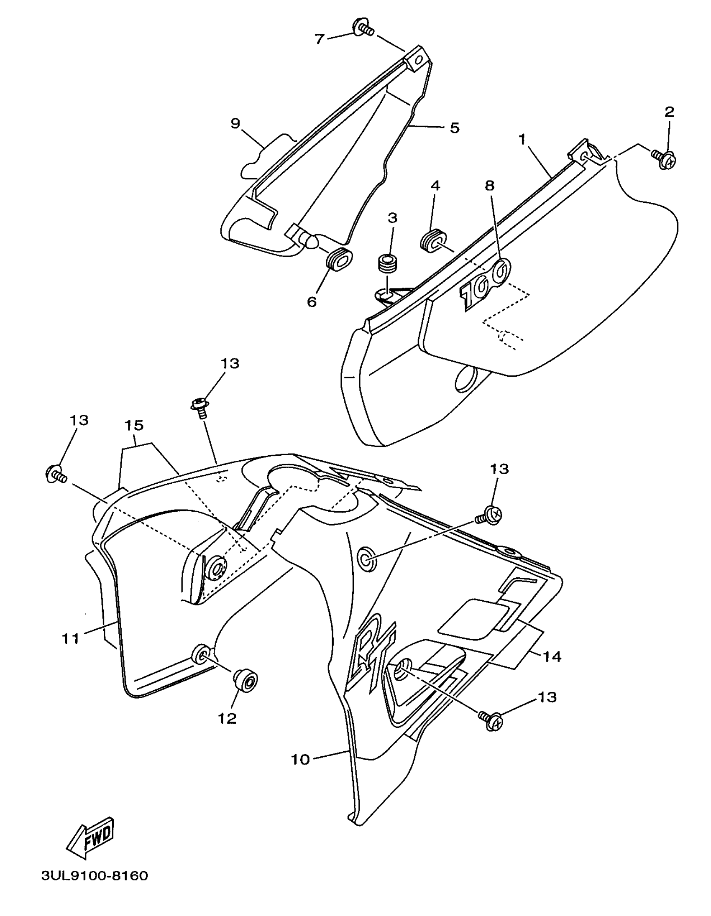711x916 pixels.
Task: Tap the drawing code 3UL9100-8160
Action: [x=95, y=888]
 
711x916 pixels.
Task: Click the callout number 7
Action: [x=320, y=39]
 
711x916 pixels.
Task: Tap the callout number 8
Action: [x=490, y=186]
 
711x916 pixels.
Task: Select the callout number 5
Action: [x=455, y=128]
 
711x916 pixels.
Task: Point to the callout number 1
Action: [x=522, y=140]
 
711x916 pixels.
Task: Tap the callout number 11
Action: [x=71, y=639]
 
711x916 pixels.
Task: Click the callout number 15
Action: [x=134, y=425]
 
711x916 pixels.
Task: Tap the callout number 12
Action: [x=228, y=718]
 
